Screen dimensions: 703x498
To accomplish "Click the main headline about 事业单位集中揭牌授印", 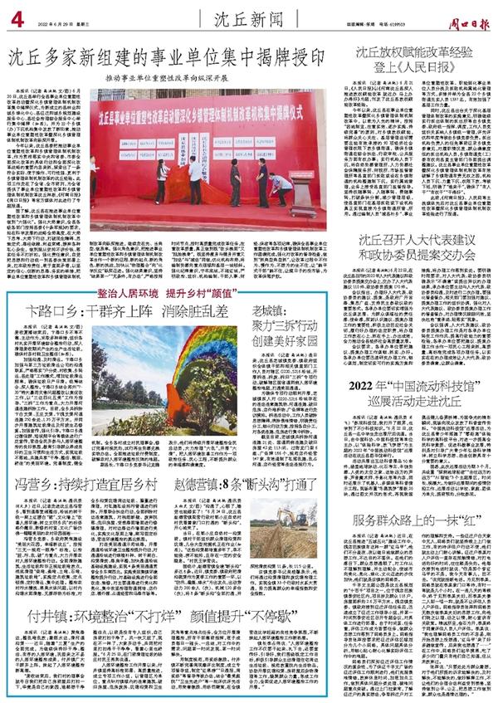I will (x=170, y=58).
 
